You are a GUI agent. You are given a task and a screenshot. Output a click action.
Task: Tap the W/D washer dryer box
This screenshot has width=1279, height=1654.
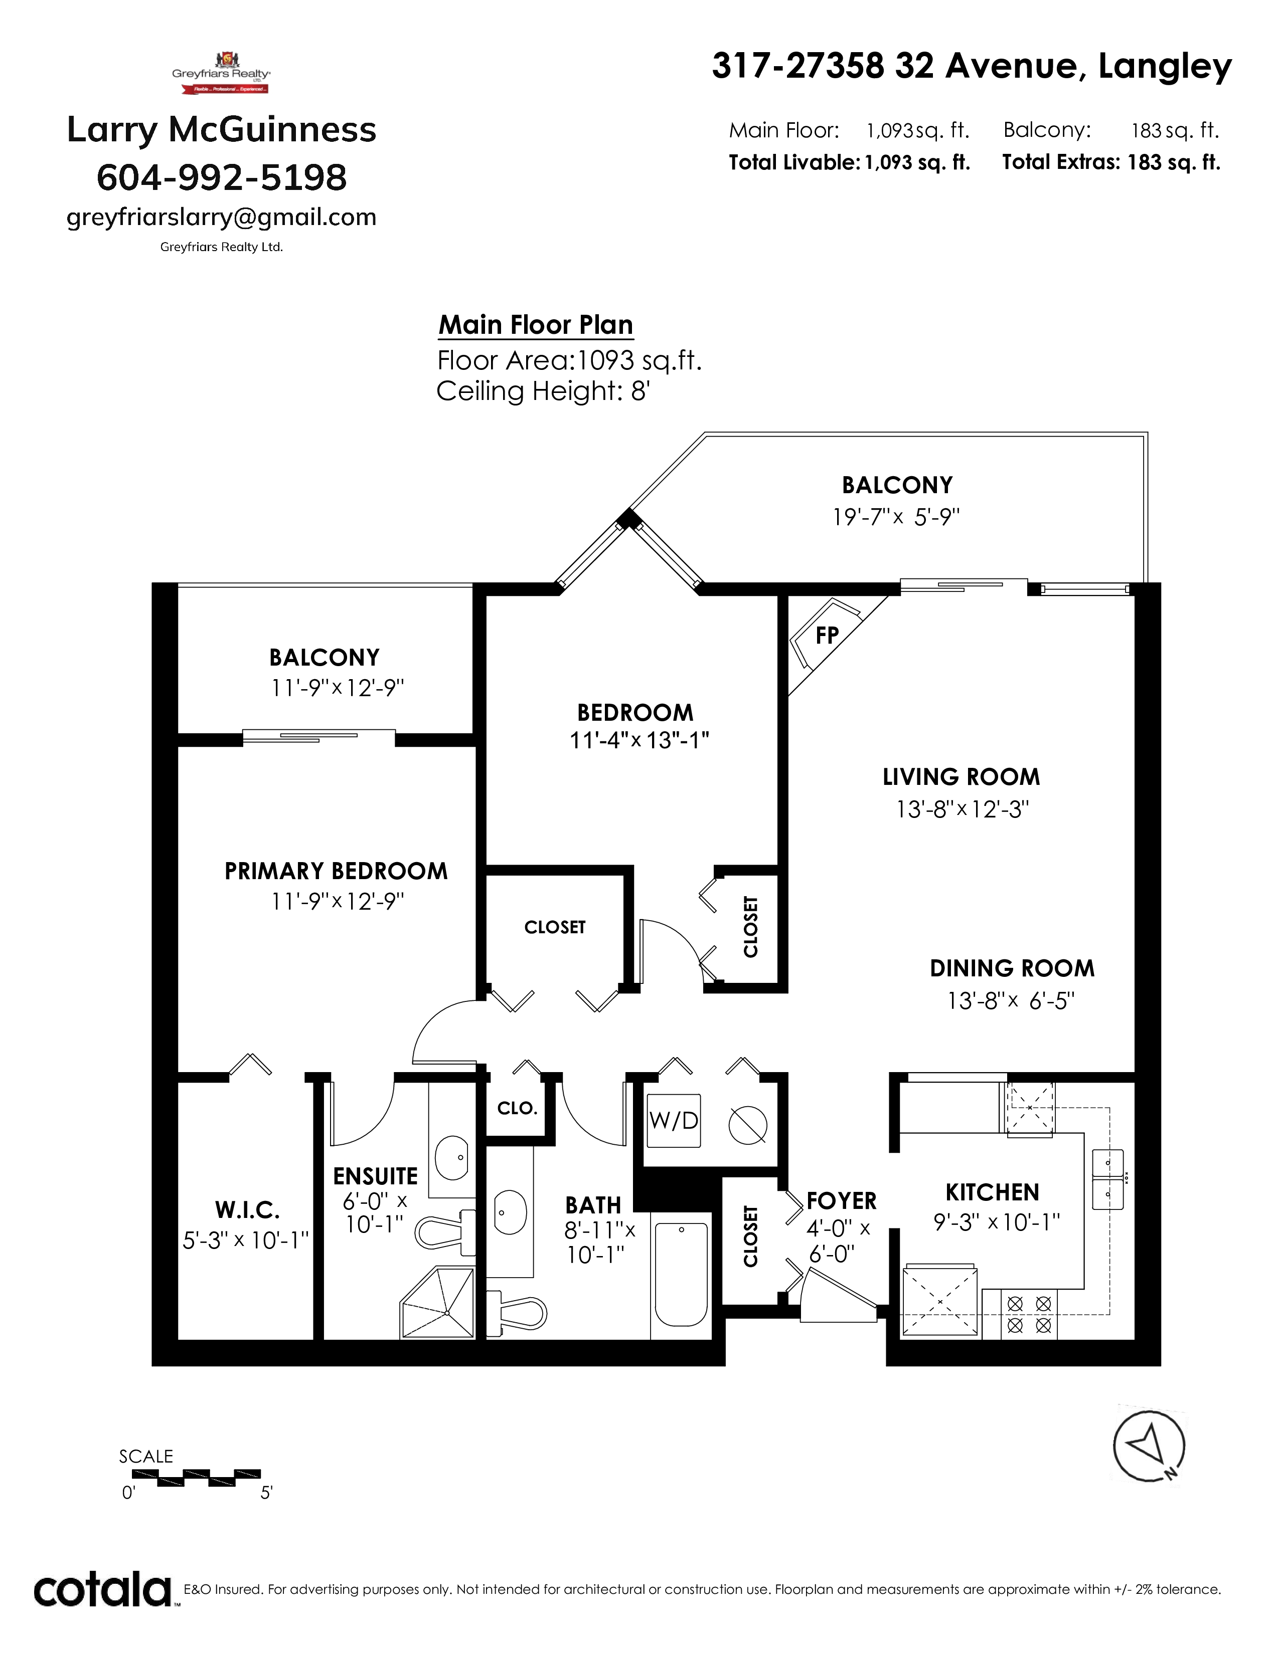pos(674,1120)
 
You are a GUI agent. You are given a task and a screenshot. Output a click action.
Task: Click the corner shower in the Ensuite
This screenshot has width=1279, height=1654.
pos(438,1302)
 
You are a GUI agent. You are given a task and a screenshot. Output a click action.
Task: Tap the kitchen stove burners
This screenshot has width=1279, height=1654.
pos(1030,1314)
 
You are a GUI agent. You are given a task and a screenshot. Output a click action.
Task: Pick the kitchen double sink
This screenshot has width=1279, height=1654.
pos(1107,1179)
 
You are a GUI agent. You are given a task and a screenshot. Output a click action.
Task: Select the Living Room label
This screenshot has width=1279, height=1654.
pos(961,777)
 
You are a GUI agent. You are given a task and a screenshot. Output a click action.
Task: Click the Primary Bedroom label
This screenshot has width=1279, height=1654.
pos(336,871)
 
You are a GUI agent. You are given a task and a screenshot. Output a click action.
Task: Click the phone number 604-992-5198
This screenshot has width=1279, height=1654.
pos(221,177)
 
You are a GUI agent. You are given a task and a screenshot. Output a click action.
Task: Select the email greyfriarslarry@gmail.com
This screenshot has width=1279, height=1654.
pos(221,218)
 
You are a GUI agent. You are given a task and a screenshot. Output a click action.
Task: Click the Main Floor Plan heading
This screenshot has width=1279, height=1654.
pos(536,325)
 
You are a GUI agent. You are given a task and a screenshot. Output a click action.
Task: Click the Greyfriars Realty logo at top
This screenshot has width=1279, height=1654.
pos(221,72)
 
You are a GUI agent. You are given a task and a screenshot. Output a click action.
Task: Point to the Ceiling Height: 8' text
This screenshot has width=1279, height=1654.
pos(543,391)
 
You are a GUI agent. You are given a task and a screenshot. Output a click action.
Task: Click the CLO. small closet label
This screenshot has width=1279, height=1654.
pos(518,1109)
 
